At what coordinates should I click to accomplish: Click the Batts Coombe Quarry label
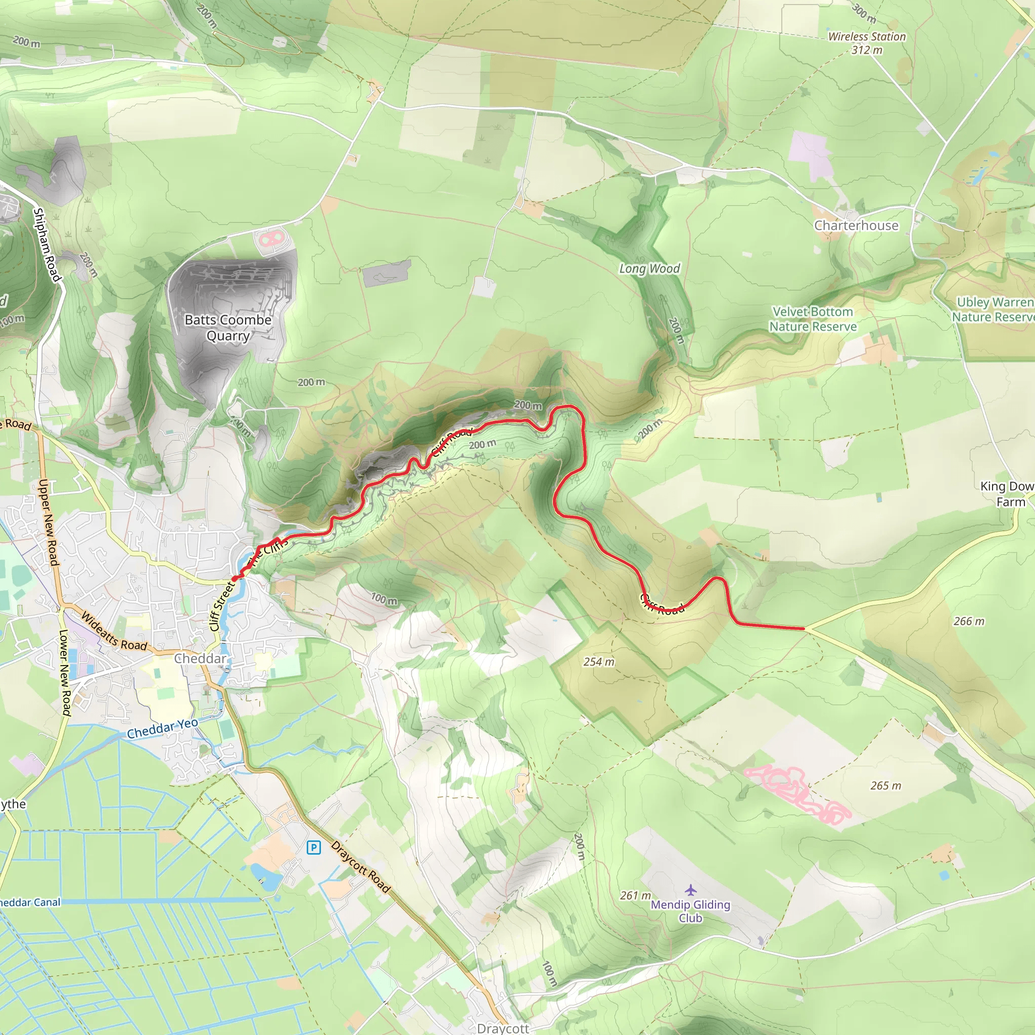pos(228,327)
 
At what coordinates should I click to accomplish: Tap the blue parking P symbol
pos(313,848)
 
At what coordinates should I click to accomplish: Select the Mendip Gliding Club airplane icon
pos(690,890)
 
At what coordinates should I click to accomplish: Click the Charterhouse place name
pos(856,225)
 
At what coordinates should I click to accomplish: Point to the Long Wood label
pos(649,268)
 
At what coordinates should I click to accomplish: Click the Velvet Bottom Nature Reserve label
pos(813,319)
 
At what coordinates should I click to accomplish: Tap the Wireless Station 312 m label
pos(866,43)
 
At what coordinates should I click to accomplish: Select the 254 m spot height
pos(599,662)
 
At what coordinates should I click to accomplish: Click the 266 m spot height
pos(969,621)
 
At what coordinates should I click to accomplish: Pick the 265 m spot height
pos(885,785)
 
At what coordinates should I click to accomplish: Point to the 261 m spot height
pos(635,895)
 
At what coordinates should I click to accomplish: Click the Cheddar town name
pos(200,658)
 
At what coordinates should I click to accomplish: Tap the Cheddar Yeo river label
pos(162,729)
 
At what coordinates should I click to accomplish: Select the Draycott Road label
pos(360,866)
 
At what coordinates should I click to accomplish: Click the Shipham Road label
pos(47,244)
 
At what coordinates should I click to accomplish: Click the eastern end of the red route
pos(804,628)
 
